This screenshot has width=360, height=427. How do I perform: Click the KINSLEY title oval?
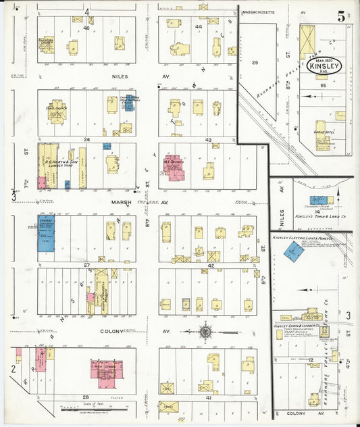click(325, 66)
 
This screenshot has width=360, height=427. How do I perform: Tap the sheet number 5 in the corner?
click(342, 16)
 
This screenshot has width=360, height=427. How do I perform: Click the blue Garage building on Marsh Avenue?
click(46, 234)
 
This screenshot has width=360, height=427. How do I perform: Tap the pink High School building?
click(105, 373)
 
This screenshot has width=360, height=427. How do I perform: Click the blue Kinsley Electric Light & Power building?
click(293, 251)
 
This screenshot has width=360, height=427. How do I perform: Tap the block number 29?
click(255, 63)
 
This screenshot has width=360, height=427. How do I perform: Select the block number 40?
click(86, 28)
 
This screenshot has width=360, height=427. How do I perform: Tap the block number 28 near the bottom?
click(86, 397)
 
